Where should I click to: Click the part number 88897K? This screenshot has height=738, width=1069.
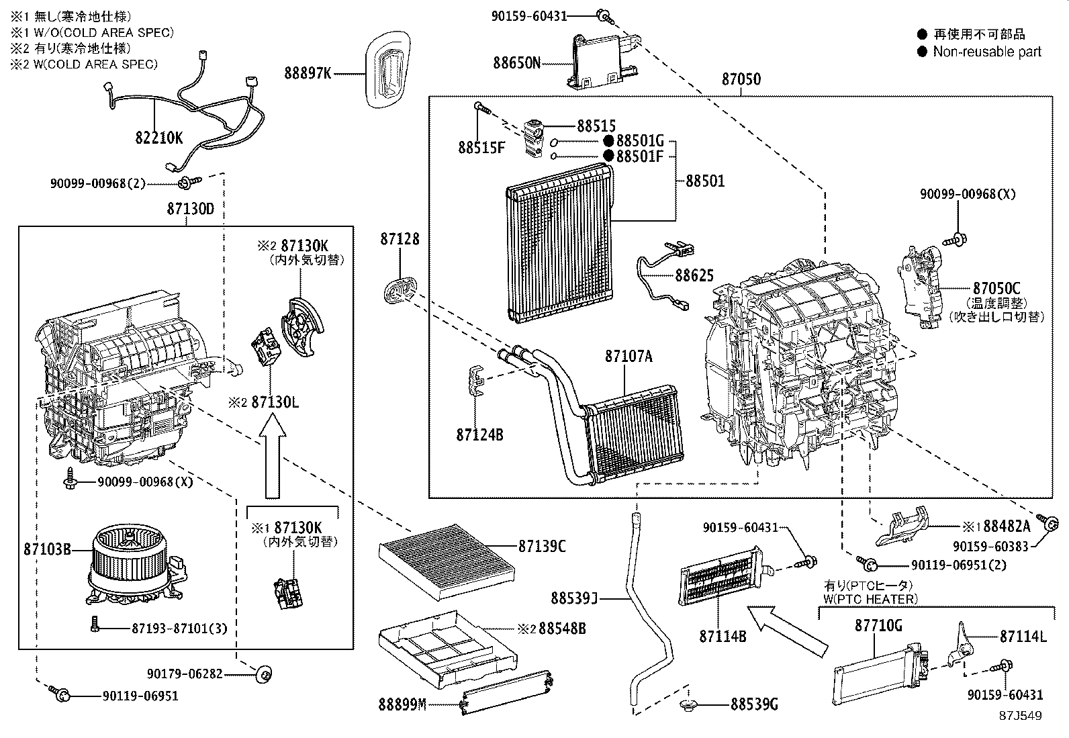(x=308, y=73)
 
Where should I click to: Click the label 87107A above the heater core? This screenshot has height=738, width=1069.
(x=628, y=357)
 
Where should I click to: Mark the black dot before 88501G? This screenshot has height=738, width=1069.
(x=608, y=141)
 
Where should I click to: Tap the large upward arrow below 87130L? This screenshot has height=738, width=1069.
(x=272, y=457)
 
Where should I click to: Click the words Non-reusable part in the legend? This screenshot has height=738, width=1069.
(x=987, y=52)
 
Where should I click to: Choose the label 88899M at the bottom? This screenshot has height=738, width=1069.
(x=402, y=704)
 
